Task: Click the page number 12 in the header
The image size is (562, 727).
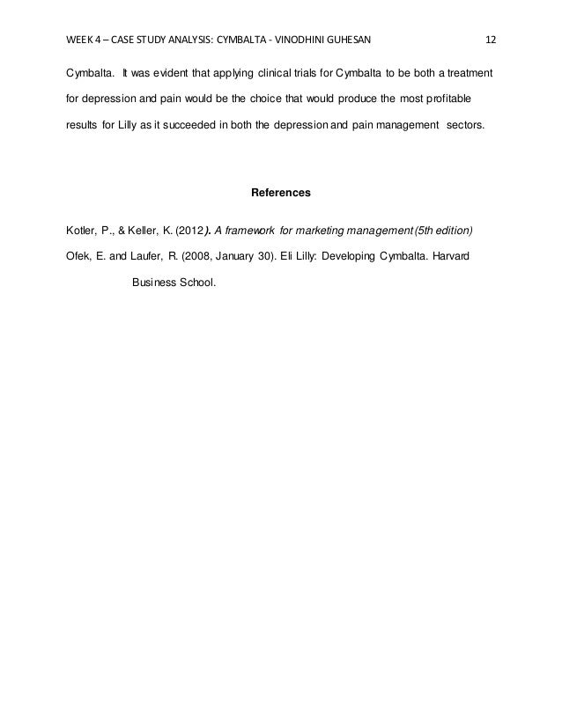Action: [x=491, y=40]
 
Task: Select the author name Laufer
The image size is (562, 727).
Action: [x=144, y=258]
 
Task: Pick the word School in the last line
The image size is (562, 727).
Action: [x=194, y=284]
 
